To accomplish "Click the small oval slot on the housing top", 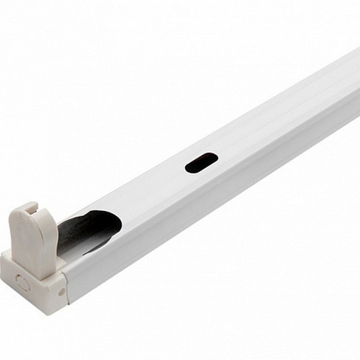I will [x=201, y=163].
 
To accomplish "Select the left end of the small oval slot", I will [x=188, y=168].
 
